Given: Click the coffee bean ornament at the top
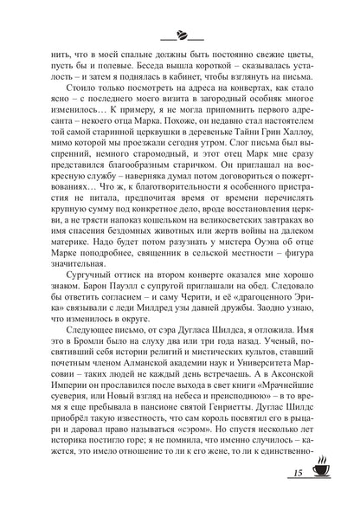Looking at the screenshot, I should point(181,36).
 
